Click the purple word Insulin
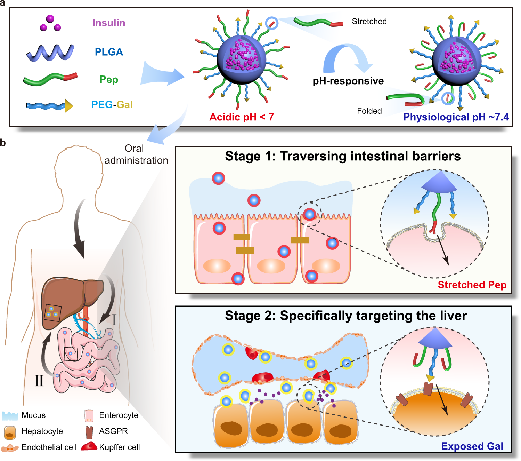(x=108, y=23)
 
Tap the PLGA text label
(x=109, y=52)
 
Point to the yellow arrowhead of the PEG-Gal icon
(x=68, y=106)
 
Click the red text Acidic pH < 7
(x=242, y=117)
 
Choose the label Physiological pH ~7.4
(x=456, y=117)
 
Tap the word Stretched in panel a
(x=369, y=22)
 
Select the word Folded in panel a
(x=369, y=111)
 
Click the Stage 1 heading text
(x=343, y=156)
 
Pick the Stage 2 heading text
(x=345, y=316)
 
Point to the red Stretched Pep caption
(x=472, y=285)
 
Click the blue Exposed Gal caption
(x=472, y=446)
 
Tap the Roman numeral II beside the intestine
(x=39, y=381)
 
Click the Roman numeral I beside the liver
(x=114, y=319)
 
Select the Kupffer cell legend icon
(x=89, y=446)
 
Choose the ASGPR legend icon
(x=89, y=431)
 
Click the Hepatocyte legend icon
(x=10, y=432)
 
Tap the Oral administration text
(x=136, y=154)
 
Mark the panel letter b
(x=3, y=143)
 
